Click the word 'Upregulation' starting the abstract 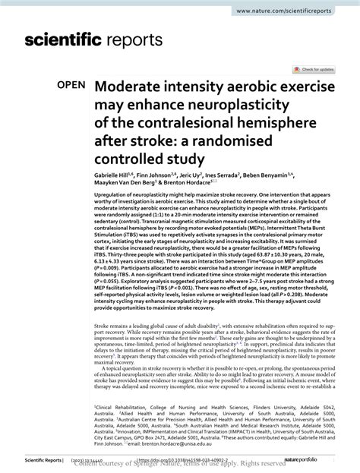coord(109,197)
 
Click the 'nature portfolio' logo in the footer coord(327,459)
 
